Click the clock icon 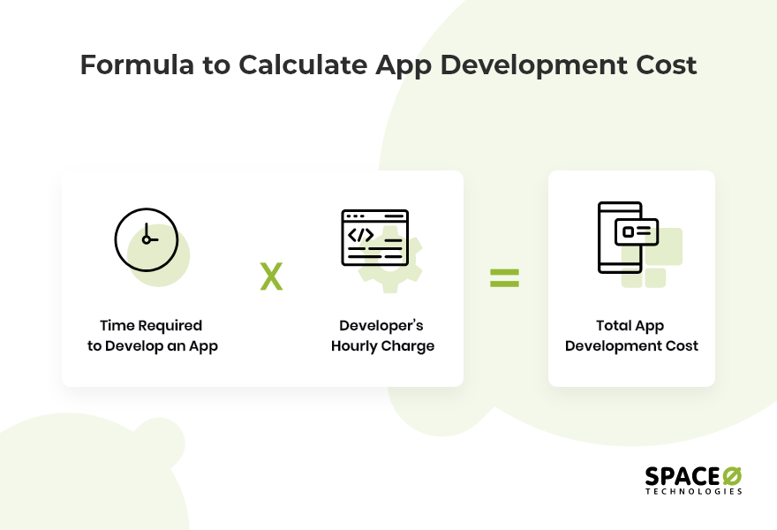point(147,239)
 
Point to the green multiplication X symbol point(271,277)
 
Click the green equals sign point(505,278)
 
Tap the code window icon point(375,238)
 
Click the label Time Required point(151,326)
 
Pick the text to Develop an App point(153,345)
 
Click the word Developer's point(382,326)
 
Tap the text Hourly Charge point(382,345)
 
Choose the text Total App point(630,326)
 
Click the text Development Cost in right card point(631,345)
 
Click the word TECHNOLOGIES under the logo point(694,491)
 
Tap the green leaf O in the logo point(732,475)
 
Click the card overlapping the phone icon point(639,231)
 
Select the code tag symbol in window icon point(360,235)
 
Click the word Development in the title point(519,65)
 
